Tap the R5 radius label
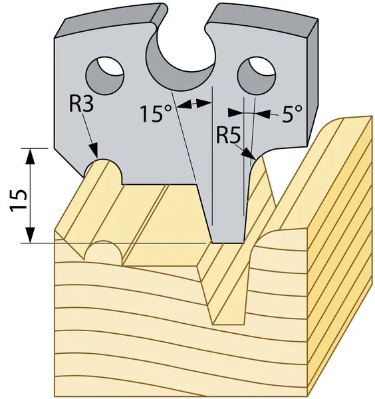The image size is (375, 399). [x=228, y=135]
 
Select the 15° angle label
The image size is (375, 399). [x=156, y=114]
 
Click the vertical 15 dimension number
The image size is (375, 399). [x=19, y=201]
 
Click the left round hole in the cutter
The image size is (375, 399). [x=105, y=76]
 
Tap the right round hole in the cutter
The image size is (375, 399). [x=257, y=76]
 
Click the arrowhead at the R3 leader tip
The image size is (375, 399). [x=94, y=151]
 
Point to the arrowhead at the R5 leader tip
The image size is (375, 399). [x=249, y=154]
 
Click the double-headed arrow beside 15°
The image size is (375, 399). [x=194, y=104]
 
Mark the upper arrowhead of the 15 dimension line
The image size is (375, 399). [x=31, y=156]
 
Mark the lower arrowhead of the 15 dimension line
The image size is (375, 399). [x=31, y=235]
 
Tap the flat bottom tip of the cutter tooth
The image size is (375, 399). [x=227, y=243]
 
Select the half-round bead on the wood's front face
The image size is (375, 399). [x=104, y=251]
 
